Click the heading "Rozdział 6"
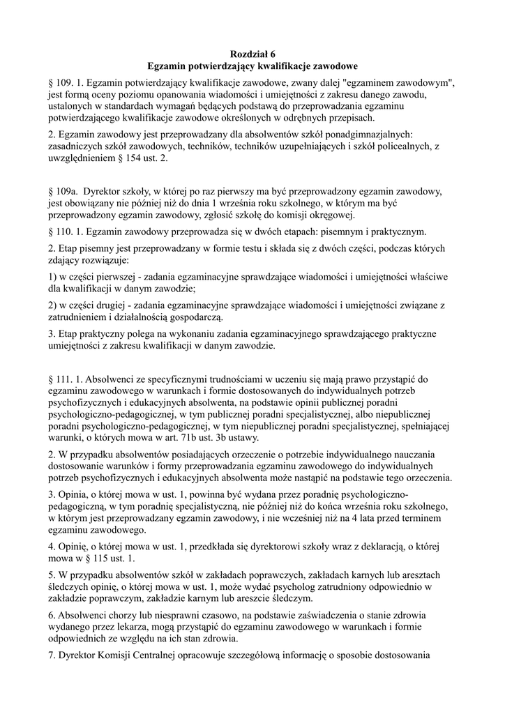[252, 54]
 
